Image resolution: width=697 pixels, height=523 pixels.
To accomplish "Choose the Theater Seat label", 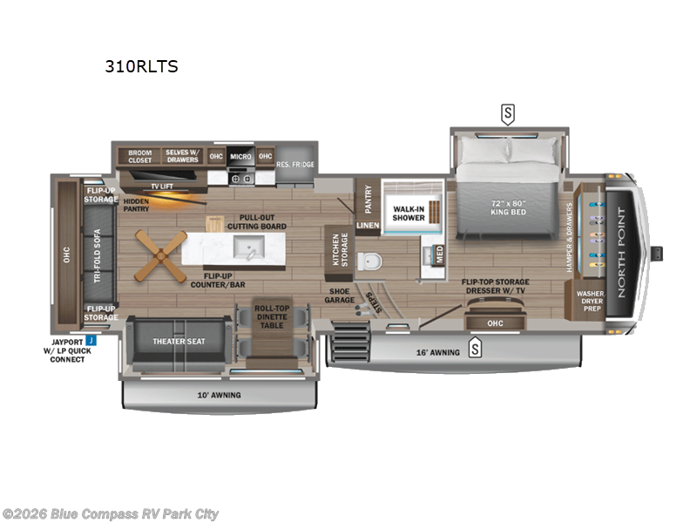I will click(x=179, y=341).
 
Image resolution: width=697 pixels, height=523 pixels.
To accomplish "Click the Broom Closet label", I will click(x=139, y=156).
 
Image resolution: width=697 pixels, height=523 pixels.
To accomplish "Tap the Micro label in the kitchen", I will click(x=240, y=156).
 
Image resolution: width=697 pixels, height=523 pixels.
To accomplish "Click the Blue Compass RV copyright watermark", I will click(x=111, y=514).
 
